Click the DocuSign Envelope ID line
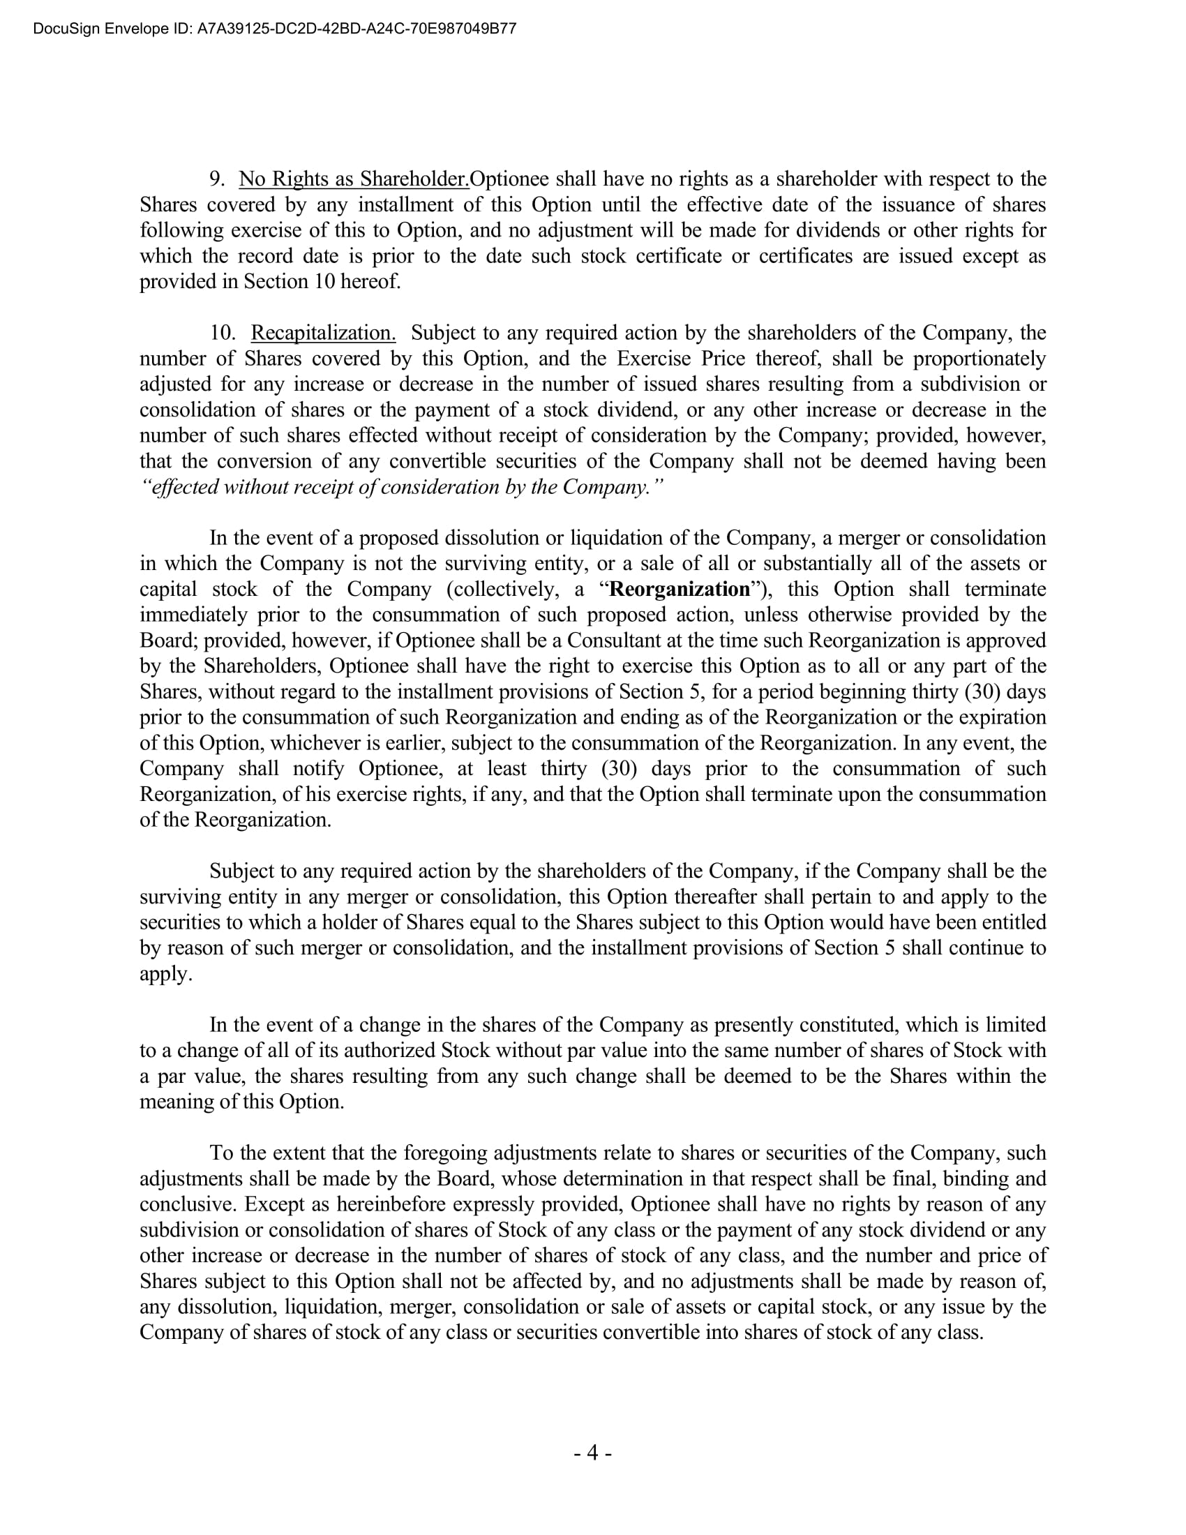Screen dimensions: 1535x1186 [x=275, y=29]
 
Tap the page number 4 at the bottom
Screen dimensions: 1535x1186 [x=592, y=1452]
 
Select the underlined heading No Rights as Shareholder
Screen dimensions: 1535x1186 [x=354, y=179]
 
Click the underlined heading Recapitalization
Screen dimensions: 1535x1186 [x=323, y=333]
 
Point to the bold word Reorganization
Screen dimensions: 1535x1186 [x=680, y=589]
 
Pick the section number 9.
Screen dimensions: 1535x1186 [x=217, y=179]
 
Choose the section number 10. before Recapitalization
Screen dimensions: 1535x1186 [x=223, y=333]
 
